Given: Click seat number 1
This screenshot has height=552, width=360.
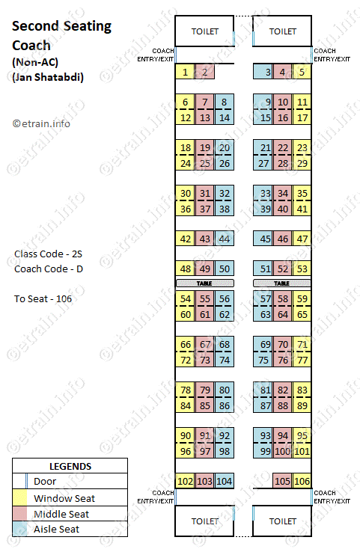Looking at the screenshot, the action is pyautogui.click(x=185, y=72).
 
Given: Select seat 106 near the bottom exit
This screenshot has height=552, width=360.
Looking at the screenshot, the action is pyautogui.click(x=302, y=481).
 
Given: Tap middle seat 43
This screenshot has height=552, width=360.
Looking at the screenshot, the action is pyautogui.click(x=205, y=239).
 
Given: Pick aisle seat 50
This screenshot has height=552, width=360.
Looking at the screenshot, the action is pyautogui.click(x=225, y=269).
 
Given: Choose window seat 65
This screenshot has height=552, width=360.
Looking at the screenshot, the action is pyautogui.click(x=302, y=314).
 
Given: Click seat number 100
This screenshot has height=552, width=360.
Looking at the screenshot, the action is pyautogui.click(x=282, y=451).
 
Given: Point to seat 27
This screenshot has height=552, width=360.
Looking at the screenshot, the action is pyautogui.click(x=263, y=163).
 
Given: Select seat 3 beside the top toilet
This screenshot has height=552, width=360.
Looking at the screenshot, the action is pyautogui.click(x=263, y=72).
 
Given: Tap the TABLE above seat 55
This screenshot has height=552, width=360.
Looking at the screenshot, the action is pyautogui.click(x=204, y=283).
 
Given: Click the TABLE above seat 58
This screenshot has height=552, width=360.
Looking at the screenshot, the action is pyautogui.click(x=282, y=283).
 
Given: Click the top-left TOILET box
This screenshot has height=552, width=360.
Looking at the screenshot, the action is pyautogui.click(x=204, y=31).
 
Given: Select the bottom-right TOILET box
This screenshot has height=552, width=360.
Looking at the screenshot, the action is pyautogui.click(x=282, y=521).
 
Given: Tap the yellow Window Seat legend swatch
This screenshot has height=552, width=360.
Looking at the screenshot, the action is pyautogui.click(x=19, y=498).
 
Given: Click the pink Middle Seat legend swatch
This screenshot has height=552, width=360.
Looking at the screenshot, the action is pyautogui.click(x=19, y=514).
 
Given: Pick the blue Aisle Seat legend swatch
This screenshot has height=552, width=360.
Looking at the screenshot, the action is pyautogui.click(x=19, y=529).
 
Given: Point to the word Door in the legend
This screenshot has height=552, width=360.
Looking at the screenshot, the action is pyautogui.click(x=45, y=481).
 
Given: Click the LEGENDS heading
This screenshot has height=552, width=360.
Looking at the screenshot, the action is pyautogui.click(x=70, y=467).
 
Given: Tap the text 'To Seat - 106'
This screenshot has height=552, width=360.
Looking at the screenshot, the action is pyautogui.click(x=43, y=299).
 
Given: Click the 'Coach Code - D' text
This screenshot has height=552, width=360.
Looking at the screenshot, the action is pyautogui.click(x=49, y=269).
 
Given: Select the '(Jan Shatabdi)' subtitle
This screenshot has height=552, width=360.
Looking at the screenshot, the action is pyautogui.click(x=48, y=77).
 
